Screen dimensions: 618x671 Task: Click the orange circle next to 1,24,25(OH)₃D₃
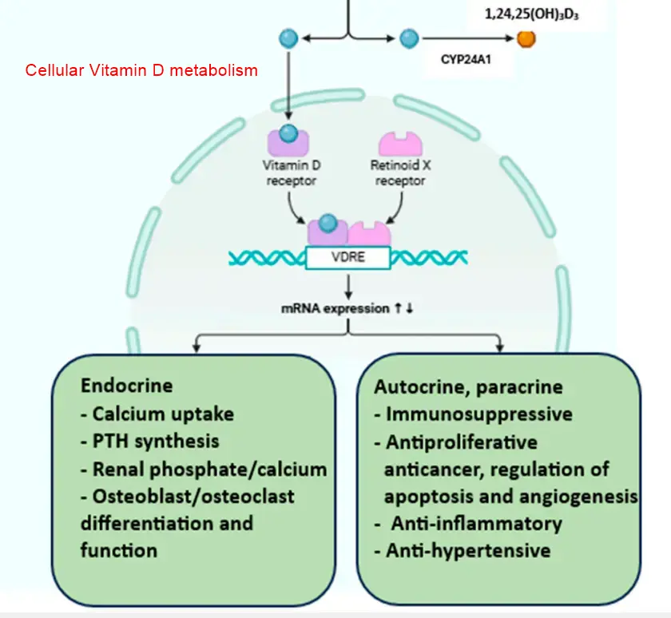526,38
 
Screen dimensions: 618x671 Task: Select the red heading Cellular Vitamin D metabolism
141,70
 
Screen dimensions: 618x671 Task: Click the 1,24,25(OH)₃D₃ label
534,14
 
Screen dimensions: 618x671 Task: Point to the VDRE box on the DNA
348,258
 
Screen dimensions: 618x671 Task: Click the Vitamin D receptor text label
292,173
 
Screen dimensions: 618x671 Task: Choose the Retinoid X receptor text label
400,173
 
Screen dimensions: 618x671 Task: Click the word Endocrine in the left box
126,386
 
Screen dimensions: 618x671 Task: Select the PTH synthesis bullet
149,441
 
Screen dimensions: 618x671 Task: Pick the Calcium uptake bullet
157,414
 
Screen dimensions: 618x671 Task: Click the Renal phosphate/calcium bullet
204,469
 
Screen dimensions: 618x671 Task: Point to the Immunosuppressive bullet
474,414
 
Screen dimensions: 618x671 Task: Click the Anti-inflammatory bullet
472,524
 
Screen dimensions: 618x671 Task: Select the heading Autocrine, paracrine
468,387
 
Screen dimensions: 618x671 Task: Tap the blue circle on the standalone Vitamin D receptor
288,133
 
